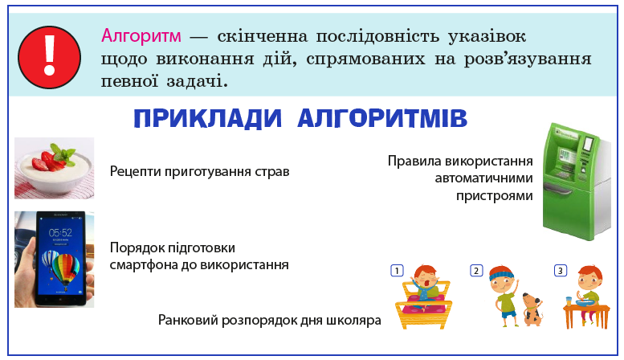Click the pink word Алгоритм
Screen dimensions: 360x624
(x=140, y=37)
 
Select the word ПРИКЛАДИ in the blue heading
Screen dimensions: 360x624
(x=207, y=119)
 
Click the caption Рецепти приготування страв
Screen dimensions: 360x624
(x=199, y=171)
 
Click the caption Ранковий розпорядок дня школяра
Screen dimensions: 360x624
(x=268, y=321)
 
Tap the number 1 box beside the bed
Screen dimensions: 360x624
(x=396, y=271)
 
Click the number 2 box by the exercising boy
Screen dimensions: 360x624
(x=475, y=271)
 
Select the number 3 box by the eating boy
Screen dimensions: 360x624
(x=560, y=271)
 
